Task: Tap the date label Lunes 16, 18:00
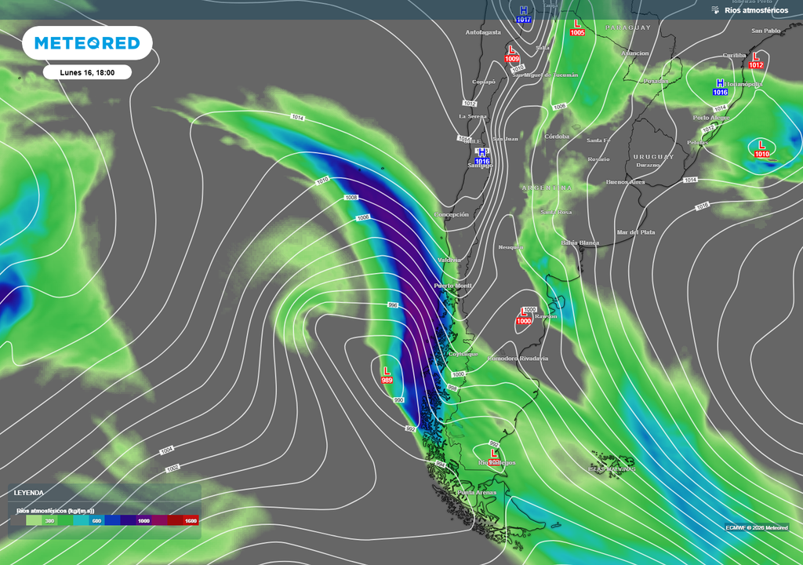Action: [x=87, y=72]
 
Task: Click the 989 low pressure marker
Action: [x=387, y=375]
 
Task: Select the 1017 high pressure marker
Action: [x=524, y=14]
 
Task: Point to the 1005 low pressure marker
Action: [x=578, y=28]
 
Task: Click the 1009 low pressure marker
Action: [x=512, y=54]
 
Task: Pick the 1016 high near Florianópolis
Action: [x=720, y=87]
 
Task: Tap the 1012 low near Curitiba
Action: [x=755, y=60]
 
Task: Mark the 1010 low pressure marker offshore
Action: [x=761, y=148]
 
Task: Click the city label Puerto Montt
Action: [x=452, y=286]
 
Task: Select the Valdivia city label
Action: [x=450, y=260]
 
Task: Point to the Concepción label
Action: [x=452, y=214]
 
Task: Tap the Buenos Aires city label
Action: [x=625, y=182]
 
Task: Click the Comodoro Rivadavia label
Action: [x=518, y=359]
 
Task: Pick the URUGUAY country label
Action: [x=653, y=157]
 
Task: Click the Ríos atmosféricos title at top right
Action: [x=756, y=10]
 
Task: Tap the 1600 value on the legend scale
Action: [x=191, y=520]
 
